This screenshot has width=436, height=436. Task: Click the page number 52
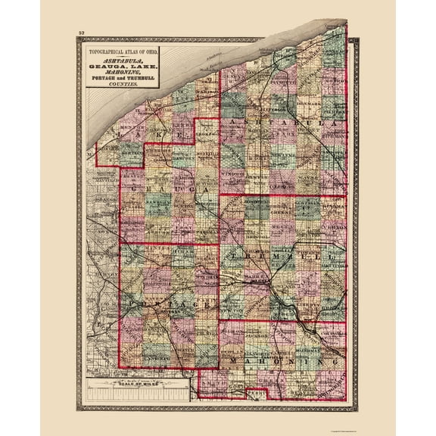(x=81, y=33)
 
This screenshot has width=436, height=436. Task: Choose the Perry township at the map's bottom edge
(x=257, y=396)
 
